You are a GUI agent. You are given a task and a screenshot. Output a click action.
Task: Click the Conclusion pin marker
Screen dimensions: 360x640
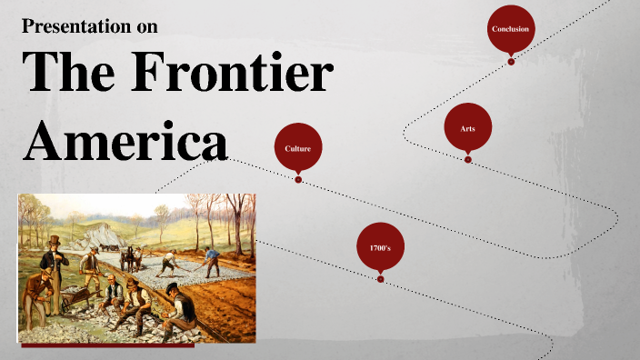click(x=510, y=30)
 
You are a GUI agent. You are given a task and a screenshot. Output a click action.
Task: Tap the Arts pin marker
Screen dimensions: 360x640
click(x=467, y=129)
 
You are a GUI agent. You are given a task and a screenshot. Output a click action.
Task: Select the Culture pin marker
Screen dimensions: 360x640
click(x=298, y=147)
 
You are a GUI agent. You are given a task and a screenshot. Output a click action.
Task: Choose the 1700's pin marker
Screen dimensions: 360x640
click(x=380, y=247)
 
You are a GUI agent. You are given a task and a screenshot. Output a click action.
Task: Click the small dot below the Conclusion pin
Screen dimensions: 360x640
click(x=511, y=62)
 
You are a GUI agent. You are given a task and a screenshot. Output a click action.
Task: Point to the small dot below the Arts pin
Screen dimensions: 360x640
click(x=468, y=159)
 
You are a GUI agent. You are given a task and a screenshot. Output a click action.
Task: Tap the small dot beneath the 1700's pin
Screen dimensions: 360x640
click(x=380, y=279)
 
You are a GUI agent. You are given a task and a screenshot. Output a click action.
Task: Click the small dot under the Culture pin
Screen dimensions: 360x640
click(x=298, y=179)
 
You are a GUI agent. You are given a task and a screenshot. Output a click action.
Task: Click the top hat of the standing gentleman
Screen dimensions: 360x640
click(x=55, y=240)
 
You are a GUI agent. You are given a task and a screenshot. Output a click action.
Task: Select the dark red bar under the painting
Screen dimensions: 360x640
click(x=107, y=345)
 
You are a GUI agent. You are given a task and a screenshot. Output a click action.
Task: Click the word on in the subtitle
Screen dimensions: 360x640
click(x=146, y=26)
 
